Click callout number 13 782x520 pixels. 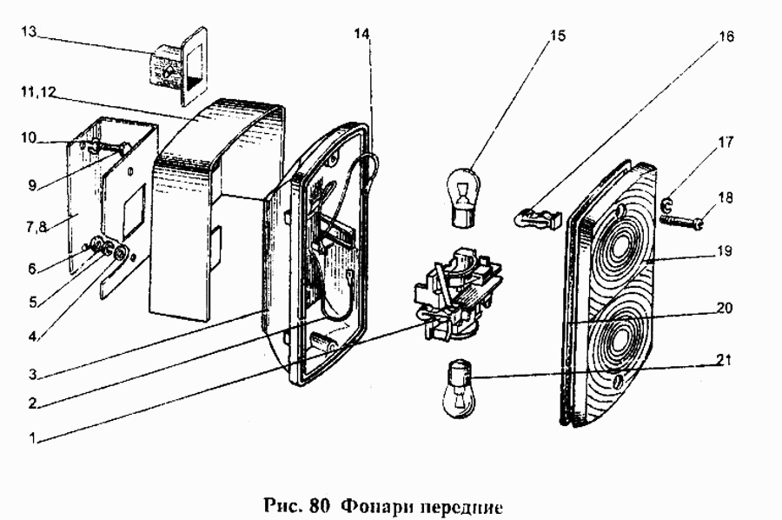[x=28, y=32]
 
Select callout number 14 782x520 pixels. [x=362, y=33]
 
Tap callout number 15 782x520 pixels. [x=558, y=36]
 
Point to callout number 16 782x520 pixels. [x=726, y=37]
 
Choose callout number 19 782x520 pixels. [x=726, y=252]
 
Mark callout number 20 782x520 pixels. [x=726, y=308]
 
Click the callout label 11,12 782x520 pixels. [x=36, y=91]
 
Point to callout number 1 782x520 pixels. [x=32, y=439]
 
